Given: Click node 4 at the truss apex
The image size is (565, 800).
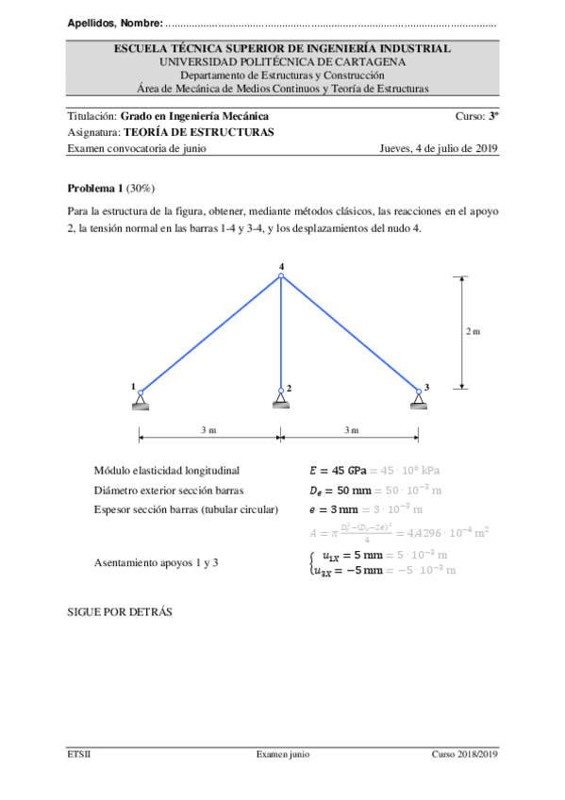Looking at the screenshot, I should tap(281, 276).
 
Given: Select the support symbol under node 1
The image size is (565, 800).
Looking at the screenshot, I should tap(140, 403).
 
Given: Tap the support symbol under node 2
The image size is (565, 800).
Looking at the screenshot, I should tap(281, 403).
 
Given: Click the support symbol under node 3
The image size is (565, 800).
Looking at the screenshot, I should tap(419, 403).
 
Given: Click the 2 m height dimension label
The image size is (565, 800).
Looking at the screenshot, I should tap(473, 331).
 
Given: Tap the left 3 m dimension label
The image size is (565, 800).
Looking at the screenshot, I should tap(208, 430).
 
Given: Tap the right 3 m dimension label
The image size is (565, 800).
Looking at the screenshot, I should tap(351, 430).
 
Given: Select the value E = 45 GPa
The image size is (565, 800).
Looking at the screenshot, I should tap(338, 470).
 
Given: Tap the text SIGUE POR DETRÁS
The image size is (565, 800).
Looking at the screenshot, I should tap(120, 611).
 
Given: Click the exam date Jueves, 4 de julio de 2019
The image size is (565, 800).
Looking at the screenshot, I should tap(438, 148).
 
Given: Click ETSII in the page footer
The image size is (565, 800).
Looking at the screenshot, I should tap(79, 755).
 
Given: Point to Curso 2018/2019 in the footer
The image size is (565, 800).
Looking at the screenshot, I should tap(464, 755).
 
